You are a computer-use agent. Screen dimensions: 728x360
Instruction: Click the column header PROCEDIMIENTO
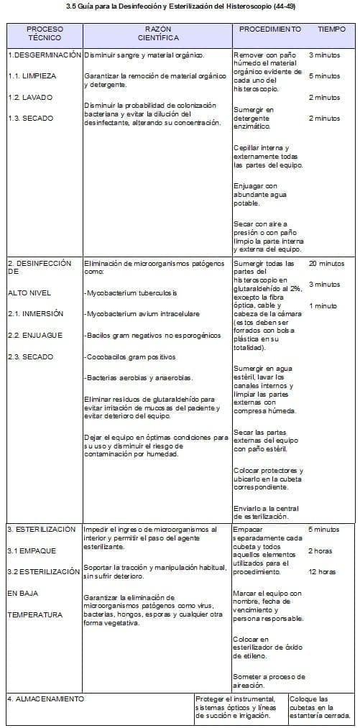(269, 29)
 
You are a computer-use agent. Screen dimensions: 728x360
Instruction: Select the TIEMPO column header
(331, 29)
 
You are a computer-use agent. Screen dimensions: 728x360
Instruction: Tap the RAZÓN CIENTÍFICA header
(158, 33)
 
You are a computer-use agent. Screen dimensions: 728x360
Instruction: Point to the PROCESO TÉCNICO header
(45, 33)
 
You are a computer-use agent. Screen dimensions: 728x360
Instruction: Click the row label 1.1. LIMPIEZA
(32, 75)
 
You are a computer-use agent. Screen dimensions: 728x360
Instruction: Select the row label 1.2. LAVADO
(29, 97)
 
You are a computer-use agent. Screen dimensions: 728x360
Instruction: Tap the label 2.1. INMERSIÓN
(36, 313)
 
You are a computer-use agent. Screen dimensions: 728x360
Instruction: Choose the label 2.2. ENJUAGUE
(35, 335)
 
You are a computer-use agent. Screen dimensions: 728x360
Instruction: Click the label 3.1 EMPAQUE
(32, 550)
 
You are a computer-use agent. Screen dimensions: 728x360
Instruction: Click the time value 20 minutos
(326, 264)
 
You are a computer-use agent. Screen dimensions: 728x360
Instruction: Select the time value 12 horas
(322, 572)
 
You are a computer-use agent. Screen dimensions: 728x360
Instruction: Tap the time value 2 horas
(320, 550)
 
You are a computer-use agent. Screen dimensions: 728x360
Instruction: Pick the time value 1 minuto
(323, 306)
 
